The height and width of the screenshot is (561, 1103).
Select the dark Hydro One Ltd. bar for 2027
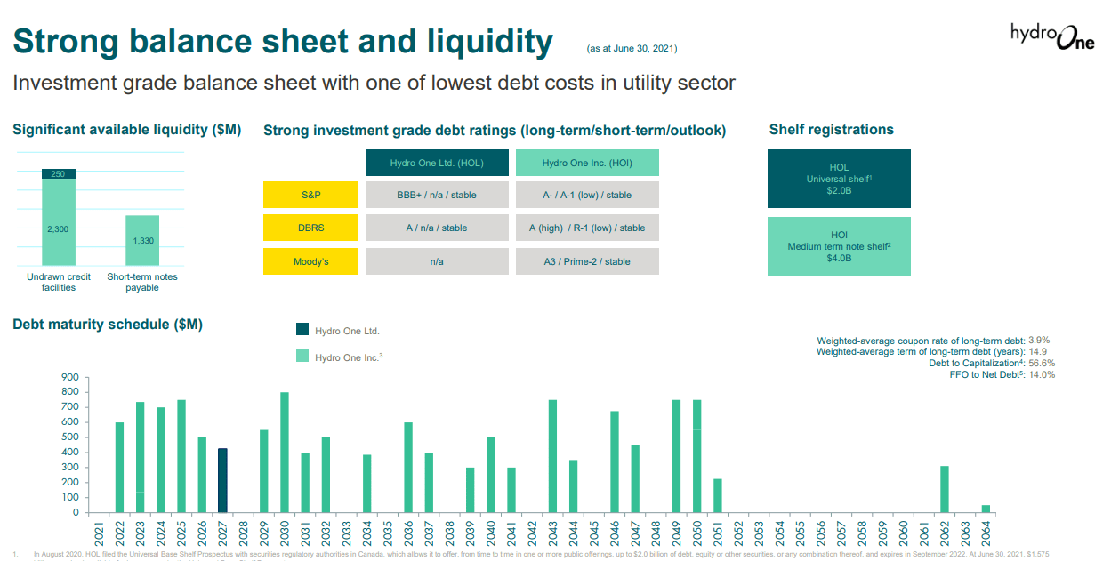(222, 480)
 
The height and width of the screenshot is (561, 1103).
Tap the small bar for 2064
(986, 509)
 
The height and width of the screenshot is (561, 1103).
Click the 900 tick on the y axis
(69, 377)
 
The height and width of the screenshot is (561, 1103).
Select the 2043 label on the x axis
(553, 533)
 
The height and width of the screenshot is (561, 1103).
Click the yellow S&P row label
(310, 195)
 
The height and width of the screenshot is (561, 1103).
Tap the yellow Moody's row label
(310, 261)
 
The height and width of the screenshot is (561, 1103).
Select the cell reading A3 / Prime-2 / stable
(587, 261)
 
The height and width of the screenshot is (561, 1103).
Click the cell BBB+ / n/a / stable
(436, 195)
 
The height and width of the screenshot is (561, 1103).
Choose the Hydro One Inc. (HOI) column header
(587, 163)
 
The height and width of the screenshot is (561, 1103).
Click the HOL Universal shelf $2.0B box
(839, 179)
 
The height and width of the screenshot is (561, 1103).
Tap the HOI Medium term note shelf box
(839, 246)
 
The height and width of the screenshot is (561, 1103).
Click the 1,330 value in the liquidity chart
(142, 241)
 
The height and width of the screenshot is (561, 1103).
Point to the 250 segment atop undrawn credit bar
(58, 174)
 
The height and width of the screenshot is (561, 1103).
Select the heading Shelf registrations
(831, 130)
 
